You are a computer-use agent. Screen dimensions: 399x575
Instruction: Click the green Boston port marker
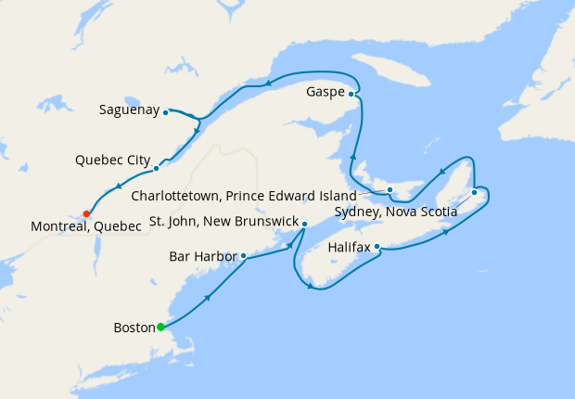click(x=160, y=327)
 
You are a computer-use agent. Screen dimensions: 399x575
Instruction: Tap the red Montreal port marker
click(x=86, y=213)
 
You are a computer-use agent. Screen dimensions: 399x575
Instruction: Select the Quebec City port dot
click(x=156, y=168)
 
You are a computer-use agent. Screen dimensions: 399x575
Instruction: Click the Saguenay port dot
click(x=165, y=112)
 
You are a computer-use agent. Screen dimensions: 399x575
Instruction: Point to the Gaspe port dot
click(x=351, y=93)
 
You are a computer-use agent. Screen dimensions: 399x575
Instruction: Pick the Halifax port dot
click(x=377, y=247)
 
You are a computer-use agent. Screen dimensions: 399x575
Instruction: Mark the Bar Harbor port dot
click(x=243, y=256)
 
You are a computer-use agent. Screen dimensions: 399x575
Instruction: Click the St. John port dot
click(x=305, y=223)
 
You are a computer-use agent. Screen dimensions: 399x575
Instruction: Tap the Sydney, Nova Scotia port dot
click(x=474, y=192)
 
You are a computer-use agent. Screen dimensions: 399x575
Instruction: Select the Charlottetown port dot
click(x=390, y=189)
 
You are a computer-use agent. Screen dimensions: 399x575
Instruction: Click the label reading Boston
click(x=134, y=328)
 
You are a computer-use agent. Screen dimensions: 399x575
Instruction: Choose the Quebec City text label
click(x=112, y=161)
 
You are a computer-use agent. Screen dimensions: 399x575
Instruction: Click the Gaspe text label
click(x=326, y=93)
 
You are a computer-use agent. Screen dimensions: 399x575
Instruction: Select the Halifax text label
click(x=350, y=248)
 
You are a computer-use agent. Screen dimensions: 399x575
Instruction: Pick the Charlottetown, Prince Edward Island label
click(x=244, y=197)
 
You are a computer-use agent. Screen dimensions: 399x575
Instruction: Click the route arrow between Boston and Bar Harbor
click(x=206, y=298)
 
